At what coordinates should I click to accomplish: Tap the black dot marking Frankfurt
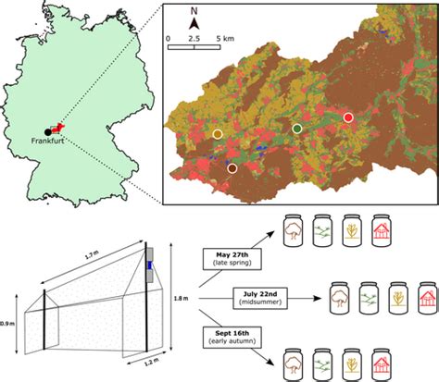tap(48, 131)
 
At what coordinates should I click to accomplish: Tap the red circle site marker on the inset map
tap(348, 117)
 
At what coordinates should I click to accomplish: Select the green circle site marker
tap(296, 128)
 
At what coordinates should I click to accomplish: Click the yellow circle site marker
tap(218, 135)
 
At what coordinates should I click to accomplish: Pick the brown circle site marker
tap(232, 168)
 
